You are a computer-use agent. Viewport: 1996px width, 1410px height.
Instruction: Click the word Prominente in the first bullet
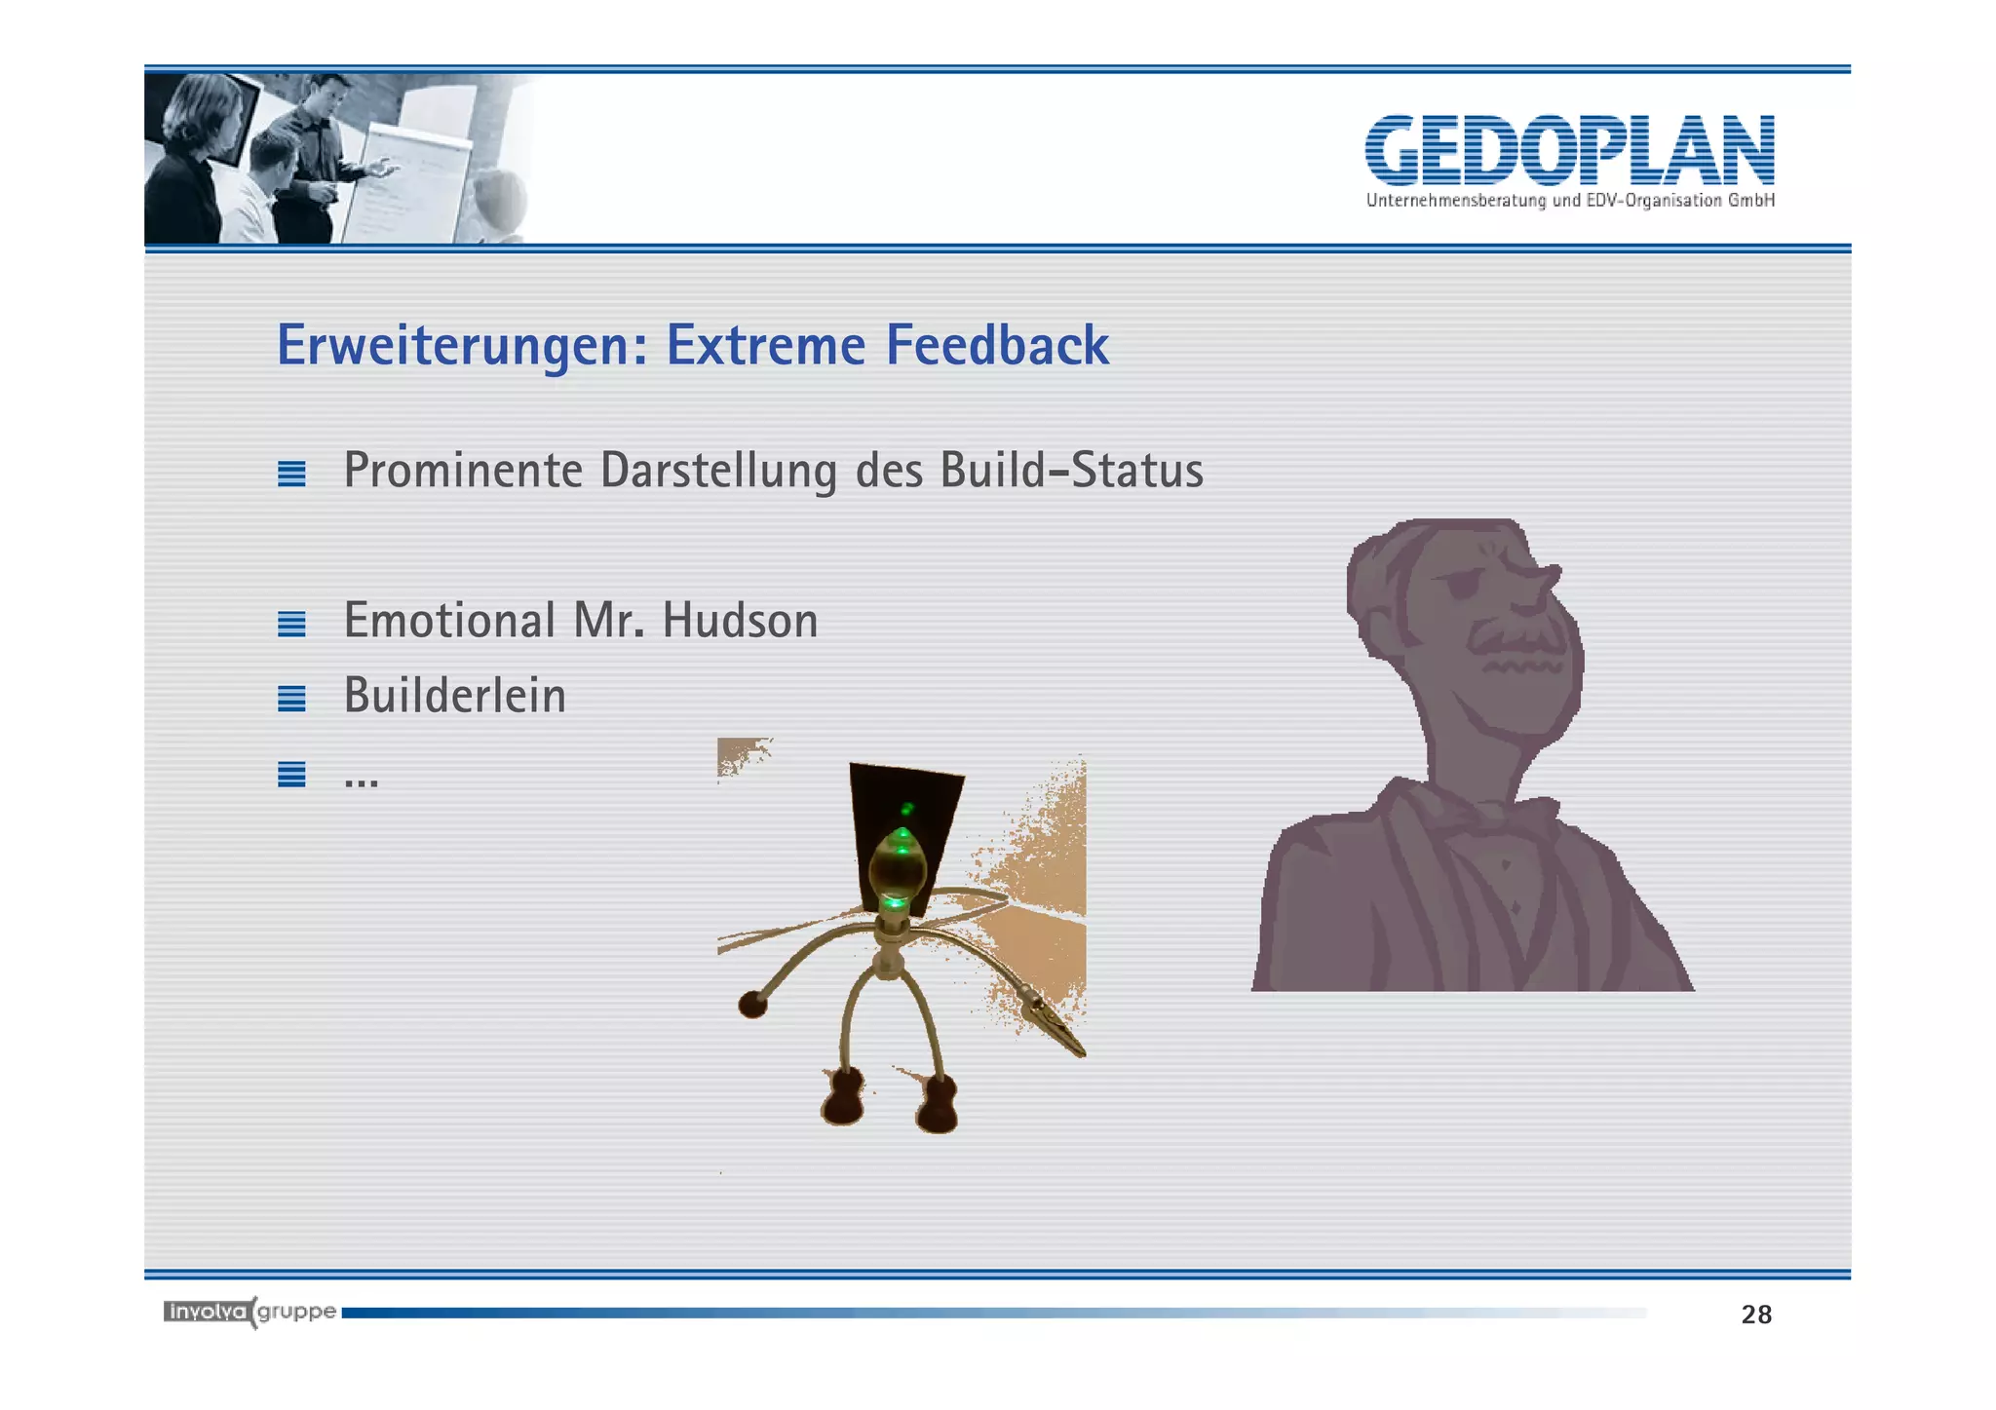click(x=463, y=471)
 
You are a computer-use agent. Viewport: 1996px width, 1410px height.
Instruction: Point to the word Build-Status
click(x=1071, y=471)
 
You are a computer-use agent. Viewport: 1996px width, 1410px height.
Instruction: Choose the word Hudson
click(x=740, y=621)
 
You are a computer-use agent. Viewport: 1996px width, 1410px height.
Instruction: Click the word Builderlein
click(x=454, y=696)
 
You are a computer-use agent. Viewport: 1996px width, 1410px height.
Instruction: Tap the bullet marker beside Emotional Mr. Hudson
click(x=291, y=624)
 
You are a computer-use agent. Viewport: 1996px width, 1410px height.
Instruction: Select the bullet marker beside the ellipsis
click(x=291, y=774)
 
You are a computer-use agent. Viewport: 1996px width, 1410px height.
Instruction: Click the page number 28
click(x=1756, y=1315)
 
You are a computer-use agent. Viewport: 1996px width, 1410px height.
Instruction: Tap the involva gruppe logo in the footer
click(x=249, y=1312)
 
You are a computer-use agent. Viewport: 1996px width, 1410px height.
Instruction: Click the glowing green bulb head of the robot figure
click(x=898, y=867)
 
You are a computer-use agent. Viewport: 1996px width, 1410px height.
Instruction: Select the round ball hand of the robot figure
click(x=751, y=1003)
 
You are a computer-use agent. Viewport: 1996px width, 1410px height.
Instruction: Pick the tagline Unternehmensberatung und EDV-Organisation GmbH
click(x=1569, y=201)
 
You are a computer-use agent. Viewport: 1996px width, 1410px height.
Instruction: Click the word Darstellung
click(x=717, y=471)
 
